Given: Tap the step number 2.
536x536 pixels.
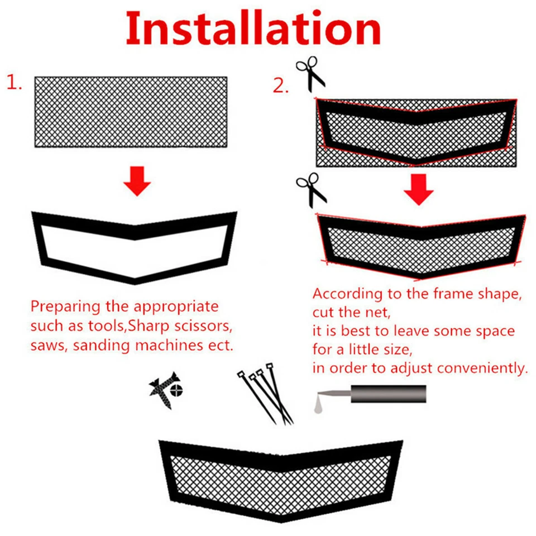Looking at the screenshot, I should [281, 85].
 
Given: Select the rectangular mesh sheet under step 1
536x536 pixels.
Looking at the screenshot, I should [131, 112].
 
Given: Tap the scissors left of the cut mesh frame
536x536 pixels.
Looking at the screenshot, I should [312, 189].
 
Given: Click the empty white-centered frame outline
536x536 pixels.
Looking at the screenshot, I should [135, 246].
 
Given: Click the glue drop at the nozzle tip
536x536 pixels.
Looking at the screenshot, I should [317, 409].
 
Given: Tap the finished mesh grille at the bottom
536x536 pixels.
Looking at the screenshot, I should [281, 480].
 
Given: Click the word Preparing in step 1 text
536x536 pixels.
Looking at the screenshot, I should [62, 307].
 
